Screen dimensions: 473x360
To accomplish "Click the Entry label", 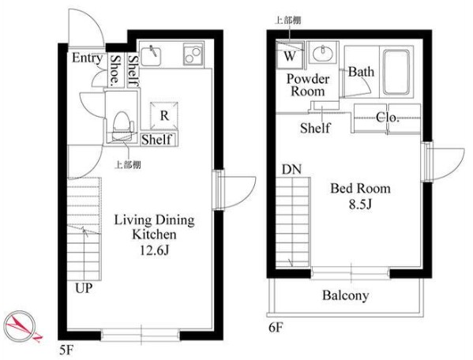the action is coord(87,58).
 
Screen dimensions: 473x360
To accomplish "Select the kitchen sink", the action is coord(151,55).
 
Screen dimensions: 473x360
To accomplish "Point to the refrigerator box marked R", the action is coord(164,116).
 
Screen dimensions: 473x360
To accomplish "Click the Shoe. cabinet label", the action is coord(115,69).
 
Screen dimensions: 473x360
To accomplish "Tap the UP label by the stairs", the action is coord(84,288).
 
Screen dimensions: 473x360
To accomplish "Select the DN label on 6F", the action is coord(291,170).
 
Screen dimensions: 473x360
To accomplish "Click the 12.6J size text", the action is coord(154,250).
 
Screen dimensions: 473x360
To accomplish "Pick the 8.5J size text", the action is coord(360,204).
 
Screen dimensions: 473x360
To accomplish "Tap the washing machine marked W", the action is coord(290,55).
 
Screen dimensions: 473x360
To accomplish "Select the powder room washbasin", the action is coord(323,54).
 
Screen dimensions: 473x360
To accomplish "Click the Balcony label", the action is coord(346,295).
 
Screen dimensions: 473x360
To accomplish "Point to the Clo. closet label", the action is coord(388,118).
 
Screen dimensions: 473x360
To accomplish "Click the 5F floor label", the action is coord(66,351).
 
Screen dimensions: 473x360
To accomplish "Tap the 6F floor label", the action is coord(276,327).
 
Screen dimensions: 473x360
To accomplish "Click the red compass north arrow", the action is coord(22,326).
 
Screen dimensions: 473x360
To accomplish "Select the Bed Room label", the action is coord(361,189).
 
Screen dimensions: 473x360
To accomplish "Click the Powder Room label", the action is coord(308,85).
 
